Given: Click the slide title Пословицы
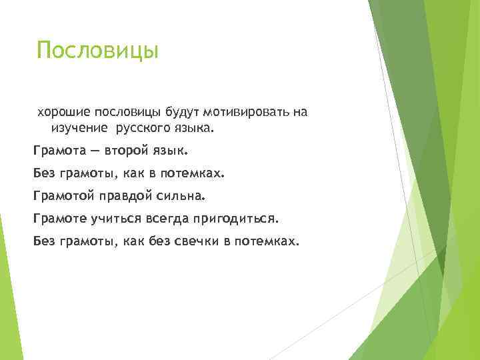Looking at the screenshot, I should [97, 51].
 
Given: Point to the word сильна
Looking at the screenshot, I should [183, 196].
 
